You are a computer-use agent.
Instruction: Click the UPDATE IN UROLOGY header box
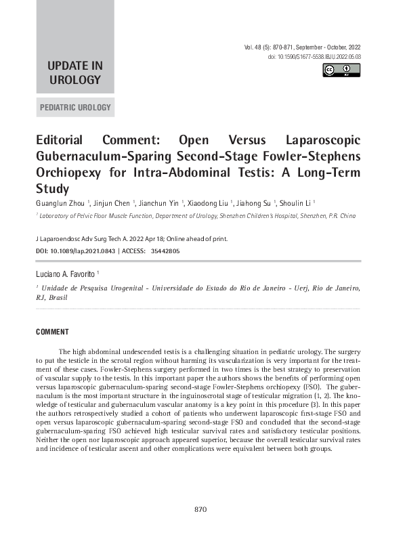[x=74, y=72]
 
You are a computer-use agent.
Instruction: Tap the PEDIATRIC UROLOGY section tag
[x=74, y=108]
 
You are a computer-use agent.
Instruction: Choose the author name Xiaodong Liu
[x=209, y=202]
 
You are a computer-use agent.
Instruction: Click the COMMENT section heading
[x=52, y=332]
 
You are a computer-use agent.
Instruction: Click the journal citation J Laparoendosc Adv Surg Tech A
[x=84, y=239]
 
